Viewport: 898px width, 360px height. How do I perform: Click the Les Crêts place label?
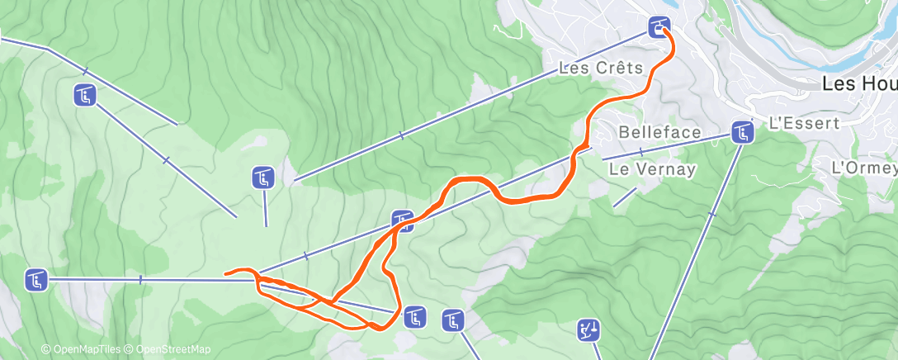point(600,68)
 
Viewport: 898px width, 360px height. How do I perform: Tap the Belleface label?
point(659,132)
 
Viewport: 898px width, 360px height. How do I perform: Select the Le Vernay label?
point(652,168)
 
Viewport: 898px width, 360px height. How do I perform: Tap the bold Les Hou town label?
point(859,83)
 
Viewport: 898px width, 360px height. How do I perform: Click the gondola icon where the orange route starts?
point(659,26)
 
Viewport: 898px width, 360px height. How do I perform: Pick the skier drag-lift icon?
point(588,330)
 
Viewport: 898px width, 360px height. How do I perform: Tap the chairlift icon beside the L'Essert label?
point(743,131)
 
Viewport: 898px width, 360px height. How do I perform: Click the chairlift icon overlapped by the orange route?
point(402,220)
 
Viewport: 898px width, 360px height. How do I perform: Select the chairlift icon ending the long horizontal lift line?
point(35,280)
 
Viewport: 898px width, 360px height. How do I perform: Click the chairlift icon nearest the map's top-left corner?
point(85,96)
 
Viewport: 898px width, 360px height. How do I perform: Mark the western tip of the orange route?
point(226,272)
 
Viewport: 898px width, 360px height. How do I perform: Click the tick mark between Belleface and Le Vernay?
point(640,151)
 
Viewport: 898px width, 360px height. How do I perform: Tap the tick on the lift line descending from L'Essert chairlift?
point(711,214)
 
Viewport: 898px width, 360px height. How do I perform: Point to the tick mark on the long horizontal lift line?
point(140,280)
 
